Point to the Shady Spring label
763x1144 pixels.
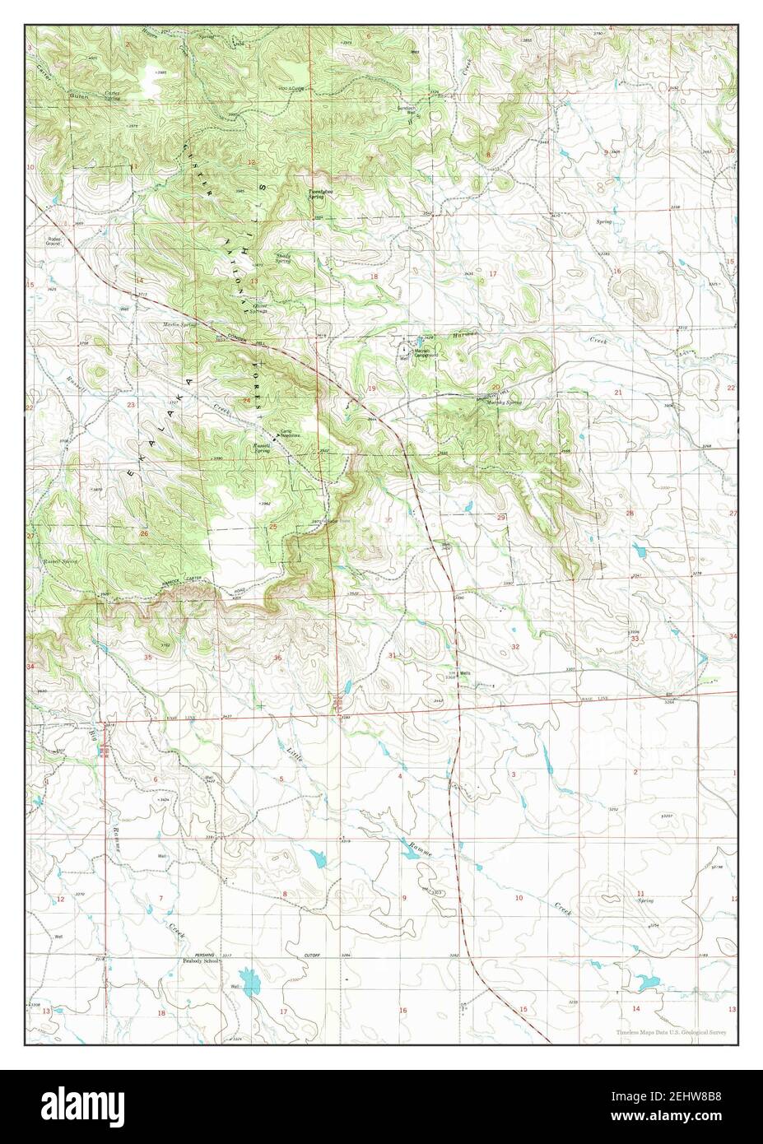coord(284,258)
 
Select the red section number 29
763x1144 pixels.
coord(501,517)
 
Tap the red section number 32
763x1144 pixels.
coord(515,647)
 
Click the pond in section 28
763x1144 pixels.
coord(639,548)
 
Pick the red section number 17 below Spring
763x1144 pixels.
coord(492,273)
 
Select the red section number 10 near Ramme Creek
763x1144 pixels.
coord(519,897)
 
